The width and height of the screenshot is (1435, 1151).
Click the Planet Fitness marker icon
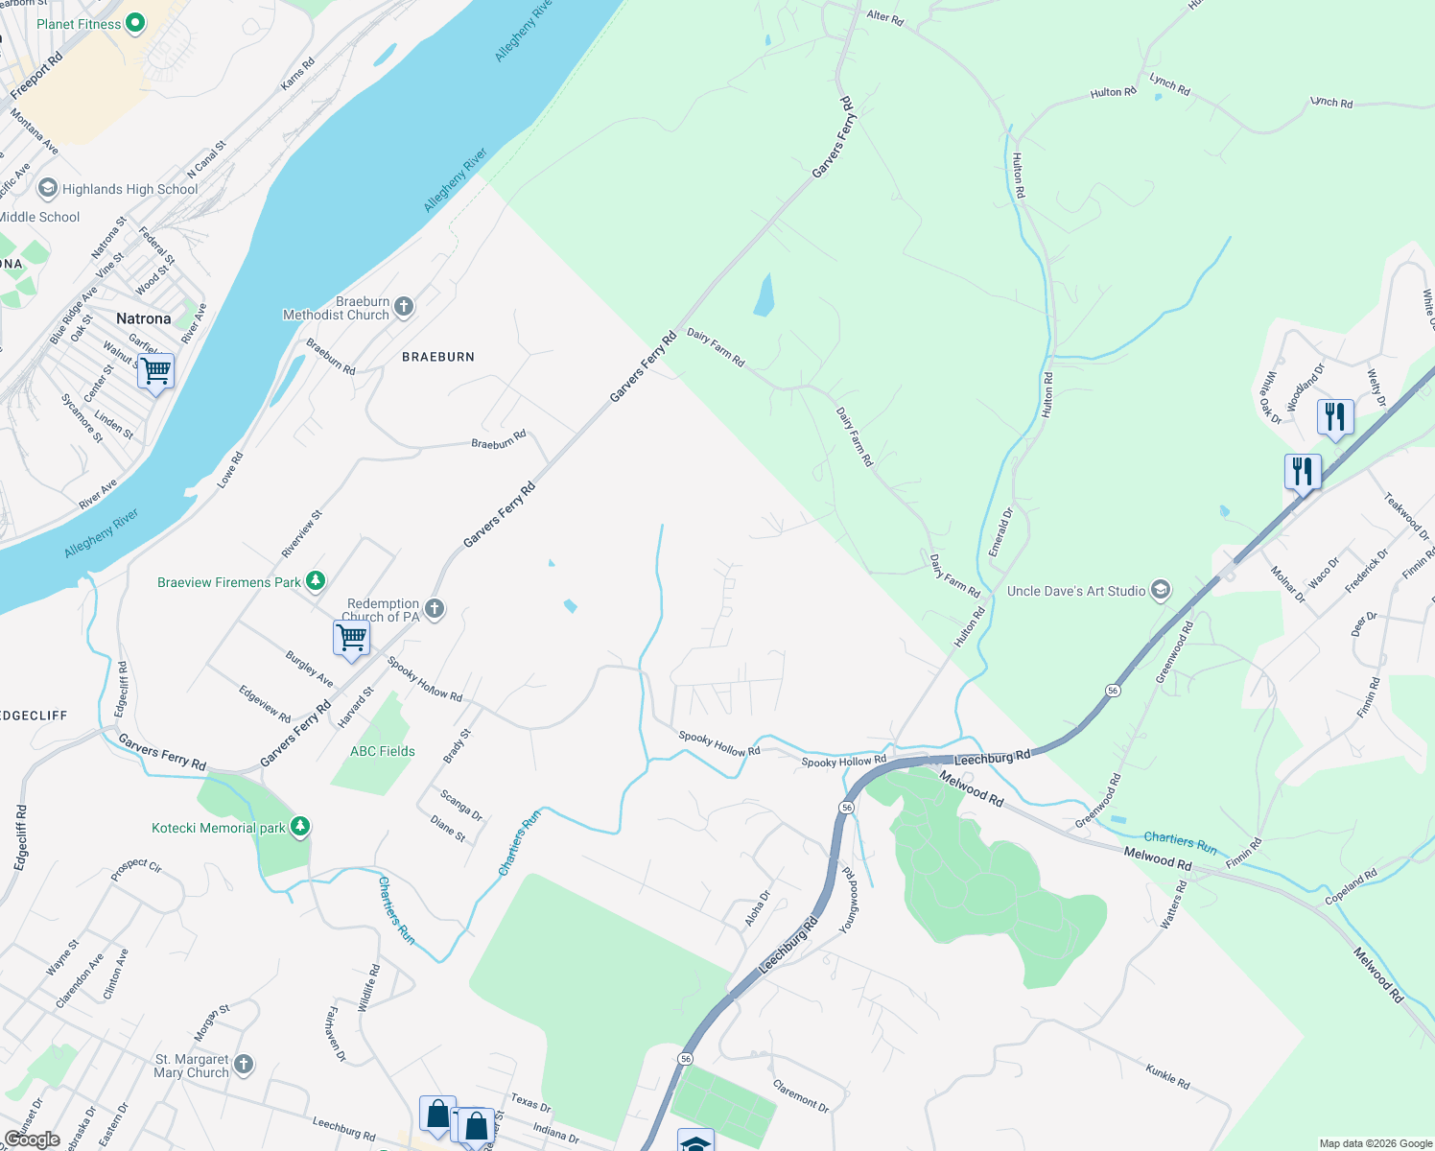135,23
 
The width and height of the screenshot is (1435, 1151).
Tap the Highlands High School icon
48,188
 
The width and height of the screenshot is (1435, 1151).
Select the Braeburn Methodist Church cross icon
404,307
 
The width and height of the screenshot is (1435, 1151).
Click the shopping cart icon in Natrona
155,371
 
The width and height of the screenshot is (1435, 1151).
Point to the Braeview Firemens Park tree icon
315,581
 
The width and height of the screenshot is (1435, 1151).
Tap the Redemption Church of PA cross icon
435,609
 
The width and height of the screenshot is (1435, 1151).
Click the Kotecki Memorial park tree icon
300,827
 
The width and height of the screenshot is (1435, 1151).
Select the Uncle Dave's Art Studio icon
1161,590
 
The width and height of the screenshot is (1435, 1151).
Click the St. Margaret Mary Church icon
244,1064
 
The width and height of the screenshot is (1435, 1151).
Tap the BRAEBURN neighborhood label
438,357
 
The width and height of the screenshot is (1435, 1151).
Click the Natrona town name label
144,318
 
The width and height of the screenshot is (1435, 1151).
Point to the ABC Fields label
383,751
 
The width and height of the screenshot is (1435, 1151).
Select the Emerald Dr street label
1000,533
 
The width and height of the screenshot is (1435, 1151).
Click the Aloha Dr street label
758,908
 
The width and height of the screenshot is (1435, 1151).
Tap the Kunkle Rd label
1167,1075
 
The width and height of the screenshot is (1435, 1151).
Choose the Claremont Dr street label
801,1095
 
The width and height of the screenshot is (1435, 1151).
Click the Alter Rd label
884,17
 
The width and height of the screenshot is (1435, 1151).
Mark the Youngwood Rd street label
848,901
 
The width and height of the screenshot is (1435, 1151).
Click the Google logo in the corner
32,1139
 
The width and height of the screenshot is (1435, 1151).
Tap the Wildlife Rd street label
368,988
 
